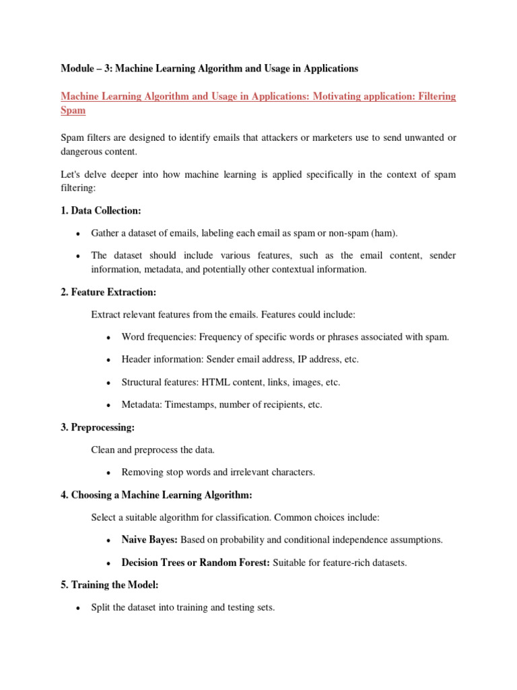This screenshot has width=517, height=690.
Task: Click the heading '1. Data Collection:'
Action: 100,211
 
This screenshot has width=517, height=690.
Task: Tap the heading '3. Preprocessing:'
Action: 98,427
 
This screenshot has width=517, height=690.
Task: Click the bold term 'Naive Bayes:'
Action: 149,540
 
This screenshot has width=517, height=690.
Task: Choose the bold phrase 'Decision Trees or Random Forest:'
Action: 195,563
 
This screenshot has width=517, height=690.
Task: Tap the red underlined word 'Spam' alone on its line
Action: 73,110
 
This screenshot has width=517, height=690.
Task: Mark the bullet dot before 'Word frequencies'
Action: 108,337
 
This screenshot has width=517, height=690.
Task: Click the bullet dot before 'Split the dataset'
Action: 77,608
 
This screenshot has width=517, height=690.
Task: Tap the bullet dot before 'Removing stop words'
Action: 108,473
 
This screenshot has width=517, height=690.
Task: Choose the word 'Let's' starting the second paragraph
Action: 71,175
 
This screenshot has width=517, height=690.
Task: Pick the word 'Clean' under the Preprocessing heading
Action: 103,449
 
